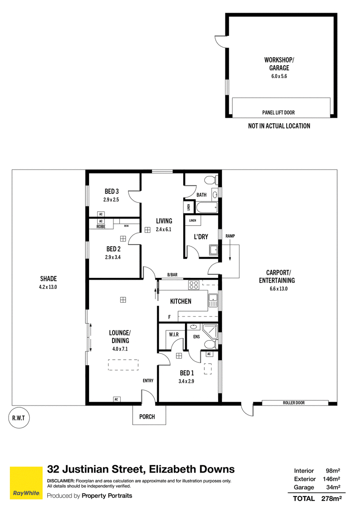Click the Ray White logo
(26, 483)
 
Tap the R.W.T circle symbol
(18, 418)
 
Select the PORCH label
(147, 416)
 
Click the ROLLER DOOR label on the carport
(294, 402)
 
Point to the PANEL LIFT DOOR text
(279, 112)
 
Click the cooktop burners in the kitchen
(194, 286)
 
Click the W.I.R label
(174, 334)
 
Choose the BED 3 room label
(112, 192)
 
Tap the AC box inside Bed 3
(101, 214)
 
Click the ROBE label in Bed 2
(101, 227)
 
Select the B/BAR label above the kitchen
(172, 275)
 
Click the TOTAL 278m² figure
(317, 498)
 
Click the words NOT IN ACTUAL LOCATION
(279, 126)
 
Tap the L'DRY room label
(201, 237)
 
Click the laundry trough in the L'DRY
(214, 250)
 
